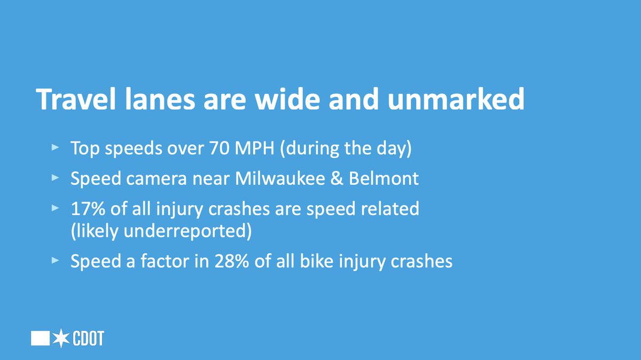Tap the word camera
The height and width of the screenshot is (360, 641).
point(152,178)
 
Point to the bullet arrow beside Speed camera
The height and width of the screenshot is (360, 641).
point(54,178)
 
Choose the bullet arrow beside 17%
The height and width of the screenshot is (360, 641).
point(54,208)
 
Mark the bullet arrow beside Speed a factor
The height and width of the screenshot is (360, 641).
point(54,262)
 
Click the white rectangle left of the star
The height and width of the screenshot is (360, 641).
point(41,338)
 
